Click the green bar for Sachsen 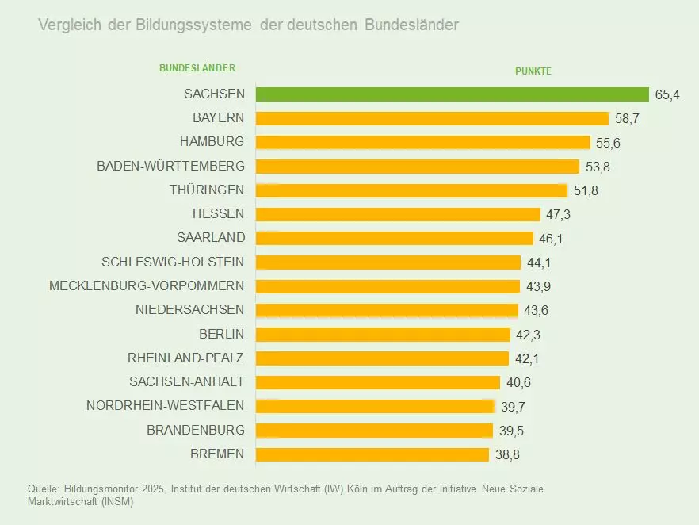click(452, 94)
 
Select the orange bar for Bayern click(432, 118)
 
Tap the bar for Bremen click(372, 454)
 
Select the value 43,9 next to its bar click(539, 286)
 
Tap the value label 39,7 click(513, 407)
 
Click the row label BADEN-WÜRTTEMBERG click(170, 166)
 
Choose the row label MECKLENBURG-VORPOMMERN click(147, 285)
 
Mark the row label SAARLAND click(211, 238)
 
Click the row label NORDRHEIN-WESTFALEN click(165, 406)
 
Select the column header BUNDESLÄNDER click(197, 68)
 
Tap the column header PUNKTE click(533, 71)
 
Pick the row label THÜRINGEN click(206, 190)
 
